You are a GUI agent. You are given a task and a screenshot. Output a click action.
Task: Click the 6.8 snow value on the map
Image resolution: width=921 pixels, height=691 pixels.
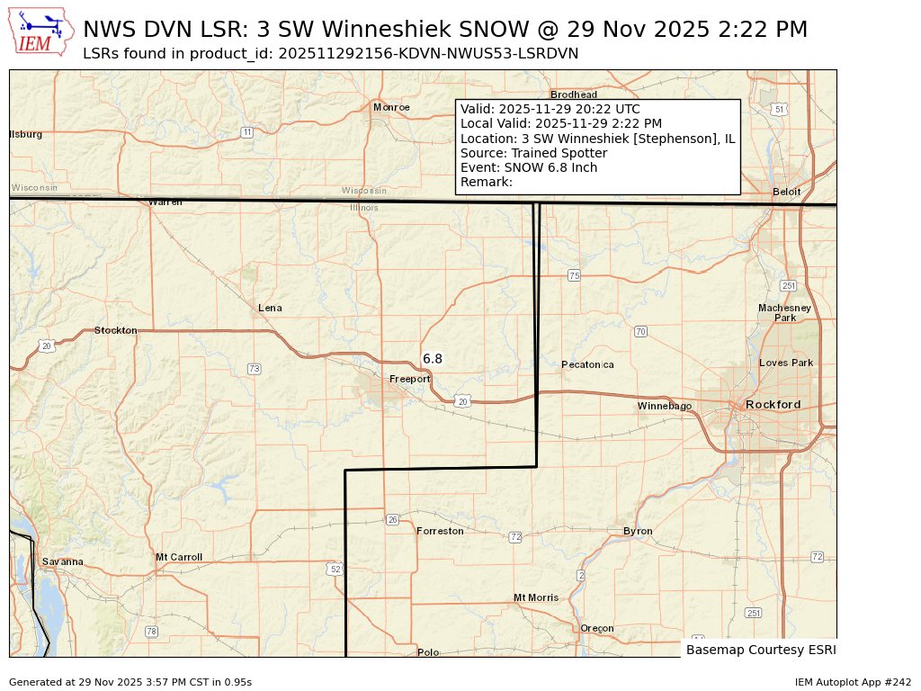pyautogui.click(x=433, y=359)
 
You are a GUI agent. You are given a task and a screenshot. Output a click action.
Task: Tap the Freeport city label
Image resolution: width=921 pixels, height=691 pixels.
pyautogui.click(x=409, y=380)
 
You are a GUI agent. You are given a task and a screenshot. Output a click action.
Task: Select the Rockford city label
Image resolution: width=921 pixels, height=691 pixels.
pyautogui.click(x=773, y=405)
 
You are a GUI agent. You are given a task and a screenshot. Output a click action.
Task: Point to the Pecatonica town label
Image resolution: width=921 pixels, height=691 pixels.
pyautogui.click(x=587, y=364)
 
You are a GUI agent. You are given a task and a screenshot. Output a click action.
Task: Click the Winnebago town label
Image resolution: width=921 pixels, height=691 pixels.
pyautogui.click(x=665, y=407)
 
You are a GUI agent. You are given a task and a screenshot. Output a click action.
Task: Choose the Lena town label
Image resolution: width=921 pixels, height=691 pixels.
pyautogui.click(x=270, y=308)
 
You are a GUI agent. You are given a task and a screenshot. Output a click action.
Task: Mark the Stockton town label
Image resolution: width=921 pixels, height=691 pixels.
pyautogui.click(x=116, y=330)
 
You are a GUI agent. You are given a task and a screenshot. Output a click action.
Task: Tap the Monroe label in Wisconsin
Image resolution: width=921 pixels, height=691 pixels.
pyautogui.click(x=391, y=107)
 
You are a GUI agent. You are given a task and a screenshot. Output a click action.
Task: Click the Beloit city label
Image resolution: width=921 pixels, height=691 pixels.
pyautogui.click(x=787, y=192)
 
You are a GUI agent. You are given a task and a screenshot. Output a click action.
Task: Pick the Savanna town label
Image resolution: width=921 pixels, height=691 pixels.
pyautogui.click(x=62, y=562)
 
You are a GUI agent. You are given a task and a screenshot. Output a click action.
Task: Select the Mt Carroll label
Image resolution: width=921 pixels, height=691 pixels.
pyautogui.click(x=179, y=557)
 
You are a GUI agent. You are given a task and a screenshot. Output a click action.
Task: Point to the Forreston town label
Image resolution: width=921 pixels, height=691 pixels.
pyautogui.click(x=440, y=532)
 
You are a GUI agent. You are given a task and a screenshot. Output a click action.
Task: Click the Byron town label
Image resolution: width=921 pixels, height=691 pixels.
pyautogui.click(x=638, y=532)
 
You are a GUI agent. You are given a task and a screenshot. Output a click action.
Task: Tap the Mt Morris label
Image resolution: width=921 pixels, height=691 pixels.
pyautogui.click(x=536, y=597)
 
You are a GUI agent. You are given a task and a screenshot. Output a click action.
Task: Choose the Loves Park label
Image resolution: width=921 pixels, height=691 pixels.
pyautogui.click(x=786, y=363)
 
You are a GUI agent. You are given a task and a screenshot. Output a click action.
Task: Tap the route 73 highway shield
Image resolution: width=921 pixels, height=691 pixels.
pyautogui.click(x=255, y=369)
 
